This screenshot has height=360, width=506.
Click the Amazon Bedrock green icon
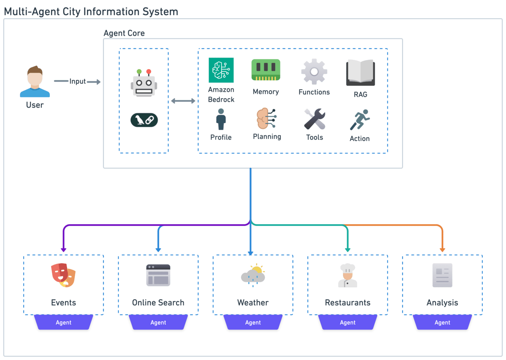pos(221,70)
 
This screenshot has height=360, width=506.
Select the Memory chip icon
pos(266,70)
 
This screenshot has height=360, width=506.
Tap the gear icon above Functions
pos(314,72)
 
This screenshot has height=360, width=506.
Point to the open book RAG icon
pos(361,73)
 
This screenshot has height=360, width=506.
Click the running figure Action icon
pos(360,120)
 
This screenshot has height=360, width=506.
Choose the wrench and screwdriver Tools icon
pos(314,119)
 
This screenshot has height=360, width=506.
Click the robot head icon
pos(144,83)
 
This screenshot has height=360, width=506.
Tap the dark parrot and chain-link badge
pos(144,120)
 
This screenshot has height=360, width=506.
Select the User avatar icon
pos(35,81)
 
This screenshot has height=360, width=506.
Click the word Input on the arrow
pos(78,81)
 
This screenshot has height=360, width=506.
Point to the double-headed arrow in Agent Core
pos(183,101)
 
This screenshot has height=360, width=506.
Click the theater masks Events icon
pos(63,275)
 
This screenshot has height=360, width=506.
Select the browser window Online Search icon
pos(158,275)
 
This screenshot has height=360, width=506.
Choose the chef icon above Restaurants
pos(348,275)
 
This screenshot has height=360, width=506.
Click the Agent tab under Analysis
pos(442,322)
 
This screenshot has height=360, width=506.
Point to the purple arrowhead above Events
pos(63,250)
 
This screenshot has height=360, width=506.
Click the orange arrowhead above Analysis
pos(442,250)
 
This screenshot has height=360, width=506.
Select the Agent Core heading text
pos(124,33)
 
